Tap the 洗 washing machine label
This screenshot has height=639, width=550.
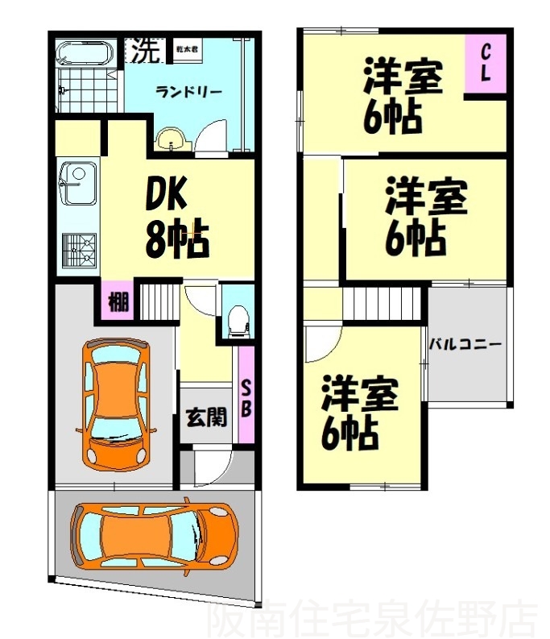[x=146, y=51]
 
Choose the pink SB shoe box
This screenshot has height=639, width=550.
[x=247, y=394]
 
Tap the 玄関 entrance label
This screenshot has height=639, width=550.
[x=205, y=417]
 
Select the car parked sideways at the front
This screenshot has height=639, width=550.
[x=155, y=536]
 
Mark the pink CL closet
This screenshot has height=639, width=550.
[x=487, y=63]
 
